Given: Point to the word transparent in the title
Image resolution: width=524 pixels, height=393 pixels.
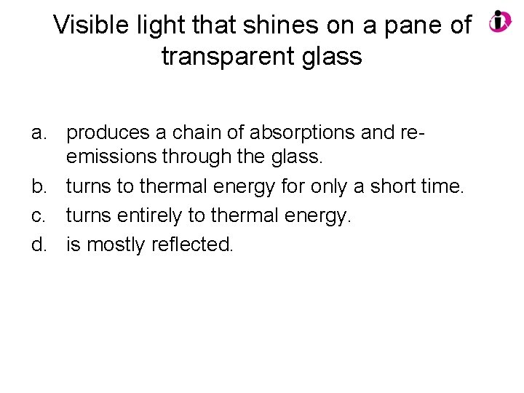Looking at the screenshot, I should (230, 56).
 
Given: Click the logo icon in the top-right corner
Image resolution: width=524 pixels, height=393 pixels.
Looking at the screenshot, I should (500, 21).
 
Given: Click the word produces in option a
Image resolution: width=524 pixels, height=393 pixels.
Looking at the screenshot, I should (109, 134).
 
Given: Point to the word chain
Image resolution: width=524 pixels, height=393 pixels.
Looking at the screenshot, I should (197, 134).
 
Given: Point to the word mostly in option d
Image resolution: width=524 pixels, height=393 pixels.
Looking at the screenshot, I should (116, 245).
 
